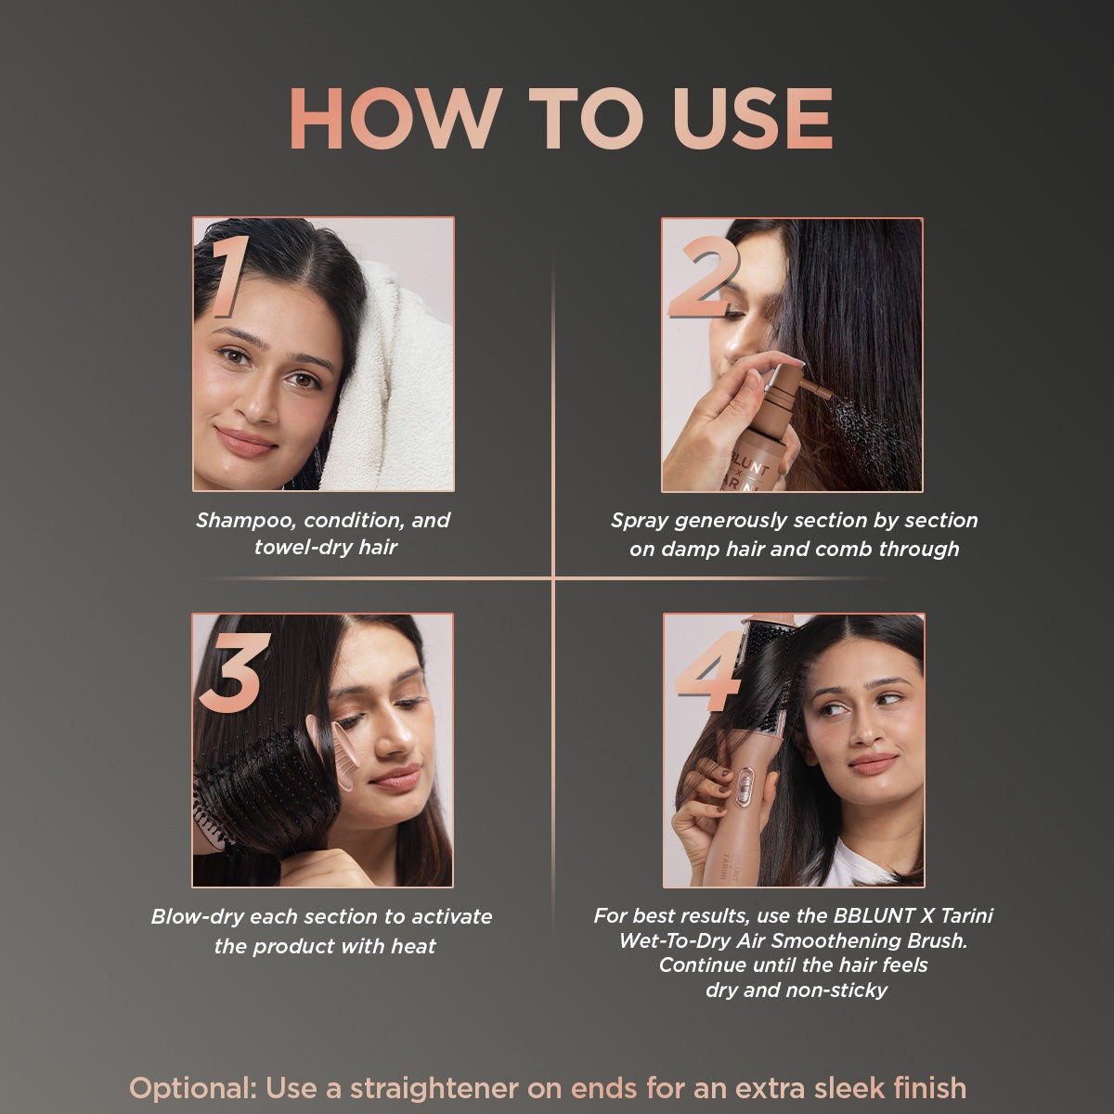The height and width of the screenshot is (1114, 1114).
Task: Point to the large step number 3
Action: click(x=234, y=672)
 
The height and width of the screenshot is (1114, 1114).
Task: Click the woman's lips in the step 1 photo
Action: click(x=246, y=440)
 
